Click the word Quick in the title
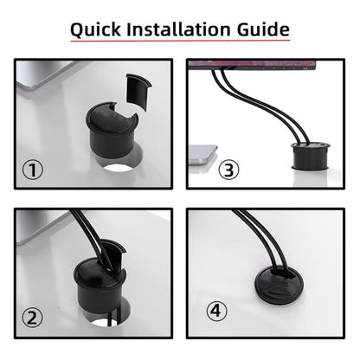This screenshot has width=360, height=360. point(99,29)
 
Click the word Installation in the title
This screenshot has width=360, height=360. point(180,29)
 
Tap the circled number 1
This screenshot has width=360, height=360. point(32,170)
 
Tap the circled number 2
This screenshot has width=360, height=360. point(32,318)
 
